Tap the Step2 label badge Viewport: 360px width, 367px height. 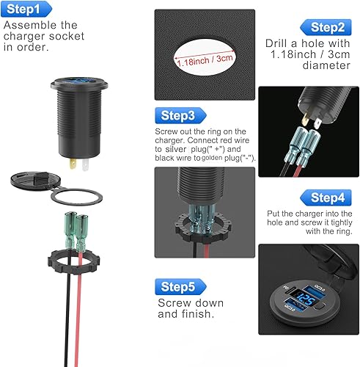328,28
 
